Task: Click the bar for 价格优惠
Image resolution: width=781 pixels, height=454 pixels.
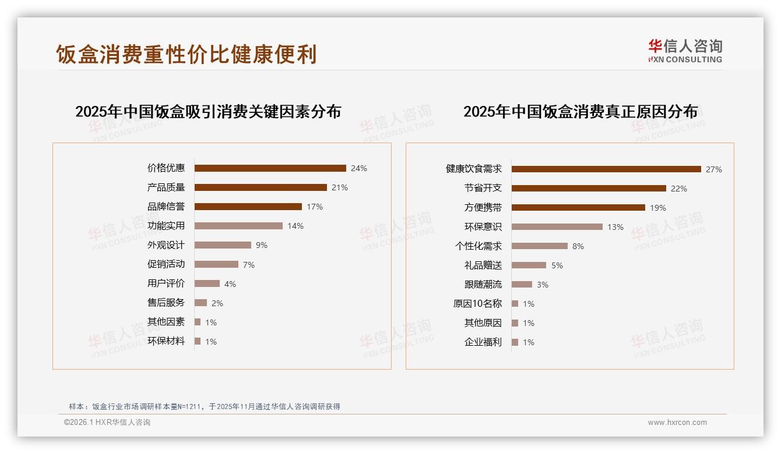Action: click(x=270, y=168)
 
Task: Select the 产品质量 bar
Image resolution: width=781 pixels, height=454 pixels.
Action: click(x=261, y=187)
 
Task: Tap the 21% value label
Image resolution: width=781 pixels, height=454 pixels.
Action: click(x=340, y=187)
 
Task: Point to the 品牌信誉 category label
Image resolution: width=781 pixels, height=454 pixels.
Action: click(x=166, y=207)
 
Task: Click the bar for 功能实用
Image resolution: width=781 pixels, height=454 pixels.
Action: click(x=238, y=226)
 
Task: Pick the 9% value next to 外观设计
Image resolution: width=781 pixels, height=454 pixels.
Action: click(x=262, y=245)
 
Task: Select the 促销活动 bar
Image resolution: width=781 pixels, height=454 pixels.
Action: click(x=216, y=264)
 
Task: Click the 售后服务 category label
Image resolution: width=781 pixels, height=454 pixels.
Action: click(x=166, y=303)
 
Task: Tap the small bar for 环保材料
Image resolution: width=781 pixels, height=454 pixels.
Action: click(x=198, y=341)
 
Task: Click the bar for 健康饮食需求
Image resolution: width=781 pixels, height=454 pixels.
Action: click(x=606, y=169)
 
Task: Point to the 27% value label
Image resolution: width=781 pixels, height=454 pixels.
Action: click(x=714, y=169)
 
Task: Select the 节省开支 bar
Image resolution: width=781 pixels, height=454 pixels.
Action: click(x=589, y=189)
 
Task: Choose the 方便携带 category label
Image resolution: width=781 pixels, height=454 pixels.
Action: click(x=483, y=208)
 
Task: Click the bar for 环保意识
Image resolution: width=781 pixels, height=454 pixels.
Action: click(x=557, y=227)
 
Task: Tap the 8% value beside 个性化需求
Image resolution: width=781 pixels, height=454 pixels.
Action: click(x=578, y=246)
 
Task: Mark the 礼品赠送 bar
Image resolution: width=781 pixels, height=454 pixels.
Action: click(x=529, y=265)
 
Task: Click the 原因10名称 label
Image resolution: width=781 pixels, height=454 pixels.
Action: click(x=477, y=304)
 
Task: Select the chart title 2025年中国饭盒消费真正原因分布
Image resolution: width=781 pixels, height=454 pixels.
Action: click(x=581, y=112)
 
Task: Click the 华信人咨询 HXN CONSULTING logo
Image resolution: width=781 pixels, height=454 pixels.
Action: click(x=685, y=51)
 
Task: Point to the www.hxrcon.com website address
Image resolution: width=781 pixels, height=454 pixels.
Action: click(x=677, y=423)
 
